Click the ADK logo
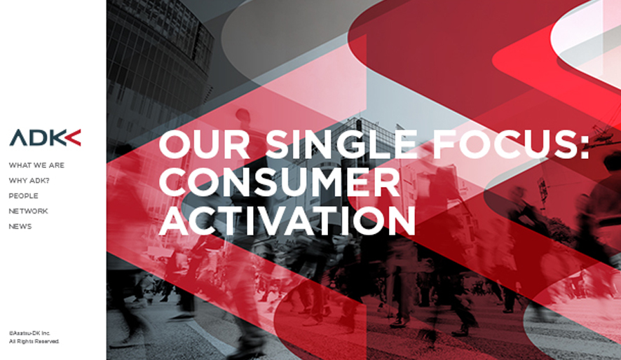pyautogui.click(x=45, y=138)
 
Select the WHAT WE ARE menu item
pyautogui.click(x=36, y=165)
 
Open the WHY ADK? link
pyautogui.click(x=29, y=181)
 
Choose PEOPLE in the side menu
pyautogui.click(x=24, y=196)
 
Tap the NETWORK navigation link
pyautogui.click(x=29, y=212)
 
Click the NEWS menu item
pyautogui.click(x=20, y=227)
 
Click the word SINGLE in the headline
pyautogui.click(x=341, y=144)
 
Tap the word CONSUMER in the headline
pyautogui.click(x=280, y=182)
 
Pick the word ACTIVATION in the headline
pyautogui.click(x=287, y=221)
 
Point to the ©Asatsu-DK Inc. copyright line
pyautogui.click(x=29, y=333)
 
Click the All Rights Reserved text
pyautogui.click(x=34, y=341)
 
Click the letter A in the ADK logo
pyautogui.click(x=19, y=138)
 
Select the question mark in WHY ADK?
pyautogui.click(x=47, y=181)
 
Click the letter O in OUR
pyautogui.click(x=175, y=144)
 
